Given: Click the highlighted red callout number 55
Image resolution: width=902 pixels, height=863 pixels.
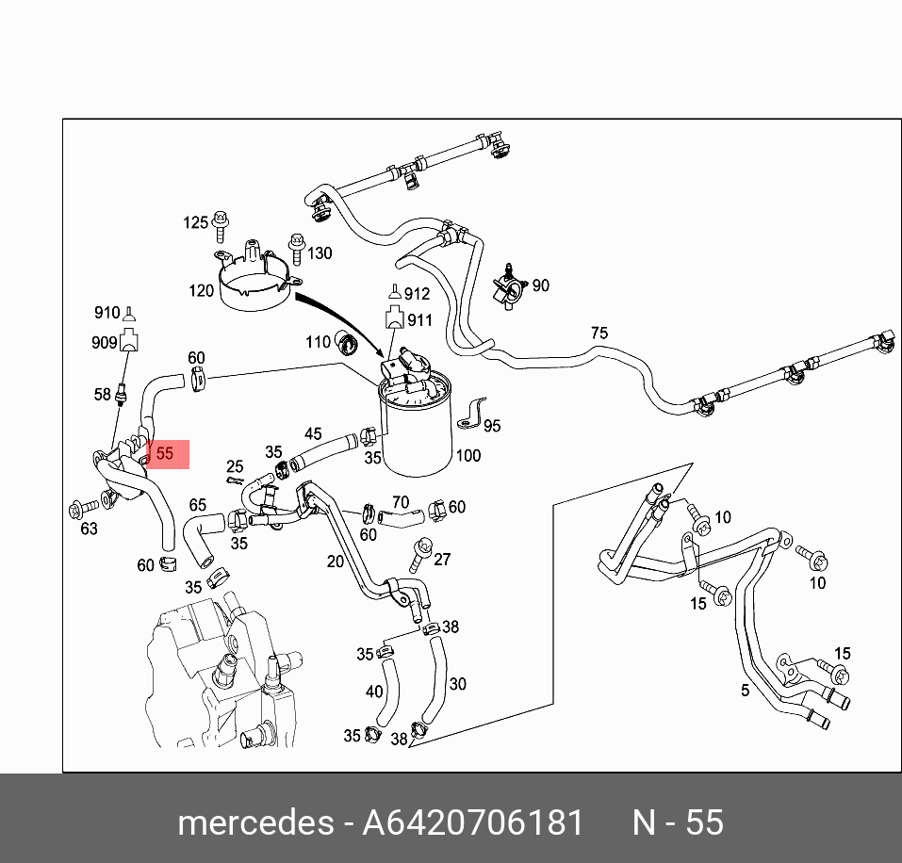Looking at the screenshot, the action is point(166,453).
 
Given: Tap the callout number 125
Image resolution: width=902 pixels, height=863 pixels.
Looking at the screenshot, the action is point(195,222).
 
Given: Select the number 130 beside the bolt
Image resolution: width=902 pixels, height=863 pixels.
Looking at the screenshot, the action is point(320,253).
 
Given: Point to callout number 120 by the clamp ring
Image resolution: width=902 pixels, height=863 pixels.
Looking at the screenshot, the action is point(201,291).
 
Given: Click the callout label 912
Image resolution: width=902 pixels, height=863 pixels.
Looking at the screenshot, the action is point(416,294).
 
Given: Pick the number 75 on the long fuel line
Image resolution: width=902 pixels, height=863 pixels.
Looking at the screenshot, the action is point(599,333).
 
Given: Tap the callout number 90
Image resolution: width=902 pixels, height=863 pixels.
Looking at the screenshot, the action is point(540,285).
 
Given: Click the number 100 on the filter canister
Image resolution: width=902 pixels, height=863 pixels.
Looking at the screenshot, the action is point(467,456).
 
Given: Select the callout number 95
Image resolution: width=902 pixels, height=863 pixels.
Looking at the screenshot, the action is point(491,426).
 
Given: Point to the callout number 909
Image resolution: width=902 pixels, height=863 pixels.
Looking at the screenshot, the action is point(104,343).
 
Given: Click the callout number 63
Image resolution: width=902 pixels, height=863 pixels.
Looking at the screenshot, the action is point(89,529).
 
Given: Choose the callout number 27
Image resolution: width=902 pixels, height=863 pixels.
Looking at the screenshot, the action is point(442,559).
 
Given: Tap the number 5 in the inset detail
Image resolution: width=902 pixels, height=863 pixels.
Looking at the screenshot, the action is point(745,691).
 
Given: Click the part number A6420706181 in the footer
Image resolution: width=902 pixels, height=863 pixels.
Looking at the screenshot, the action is point(473,822).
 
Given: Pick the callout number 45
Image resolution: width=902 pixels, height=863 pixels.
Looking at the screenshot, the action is point(313,433).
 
